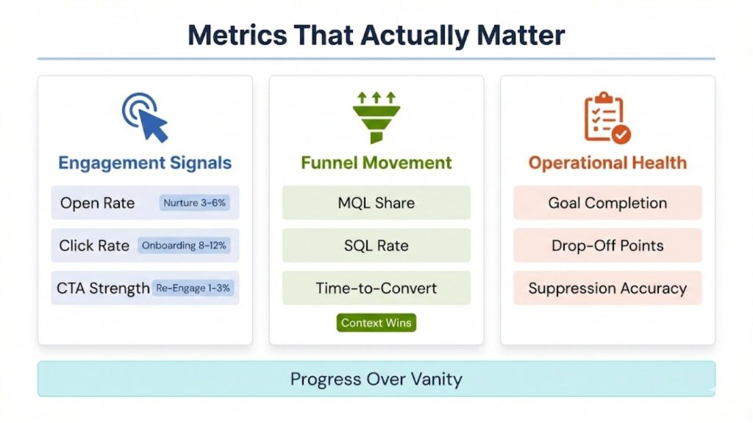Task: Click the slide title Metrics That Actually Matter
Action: click(x=376, y=35)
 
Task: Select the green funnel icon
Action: click(x=376, y=117)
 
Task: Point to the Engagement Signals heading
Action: click(x=145, y=163)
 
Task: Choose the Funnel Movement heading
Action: click(x=376, y=162)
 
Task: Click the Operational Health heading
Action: click(x=607, y=162)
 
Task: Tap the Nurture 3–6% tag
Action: click(x=195, y=203)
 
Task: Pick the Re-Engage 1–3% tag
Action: click(x=193, y=288)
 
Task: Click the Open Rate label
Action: click(x=97, y=203)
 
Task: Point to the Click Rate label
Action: click(x=94, y=245)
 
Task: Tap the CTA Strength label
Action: click(x=103, y=289)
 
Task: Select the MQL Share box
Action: click(x=376, y=203)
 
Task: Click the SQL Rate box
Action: click(x=376, y=245)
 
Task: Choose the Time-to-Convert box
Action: click(x=376, y=288)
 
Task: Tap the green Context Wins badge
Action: click(x=376, y=322)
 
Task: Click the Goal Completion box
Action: click(x=607, y=203)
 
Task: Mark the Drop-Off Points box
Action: click(x=607, y=245)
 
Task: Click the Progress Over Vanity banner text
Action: click(x=376, y=379)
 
